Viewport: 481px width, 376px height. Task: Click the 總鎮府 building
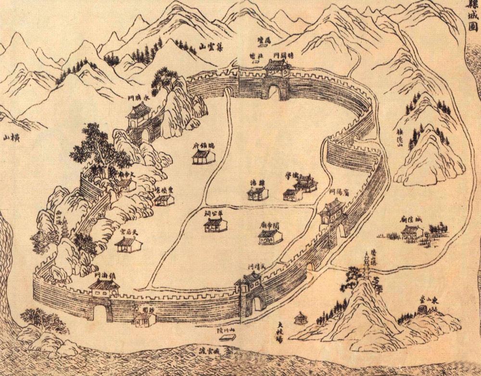pos(203,156)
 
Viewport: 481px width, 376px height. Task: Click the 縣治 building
pos(257,193)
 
